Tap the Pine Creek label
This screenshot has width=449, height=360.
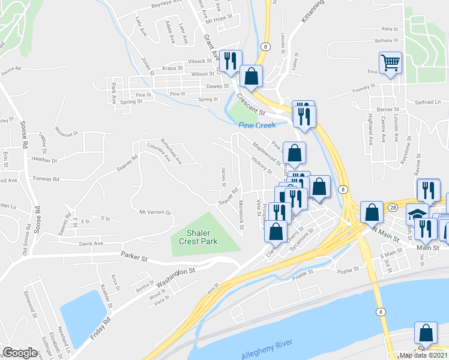[257, 125]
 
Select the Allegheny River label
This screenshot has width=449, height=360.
[268, 343]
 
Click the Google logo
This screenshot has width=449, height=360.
[20, 353]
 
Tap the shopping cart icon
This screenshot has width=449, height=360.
[390, 62]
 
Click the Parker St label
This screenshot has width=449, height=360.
[135, 259]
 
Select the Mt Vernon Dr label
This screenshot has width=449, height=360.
[155, 212]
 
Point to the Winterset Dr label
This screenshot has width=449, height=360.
[67, 130]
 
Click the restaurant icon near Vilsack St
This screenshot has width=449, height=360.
[230, 60]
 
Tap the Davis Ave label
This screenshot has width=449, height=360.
[91, 244]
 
